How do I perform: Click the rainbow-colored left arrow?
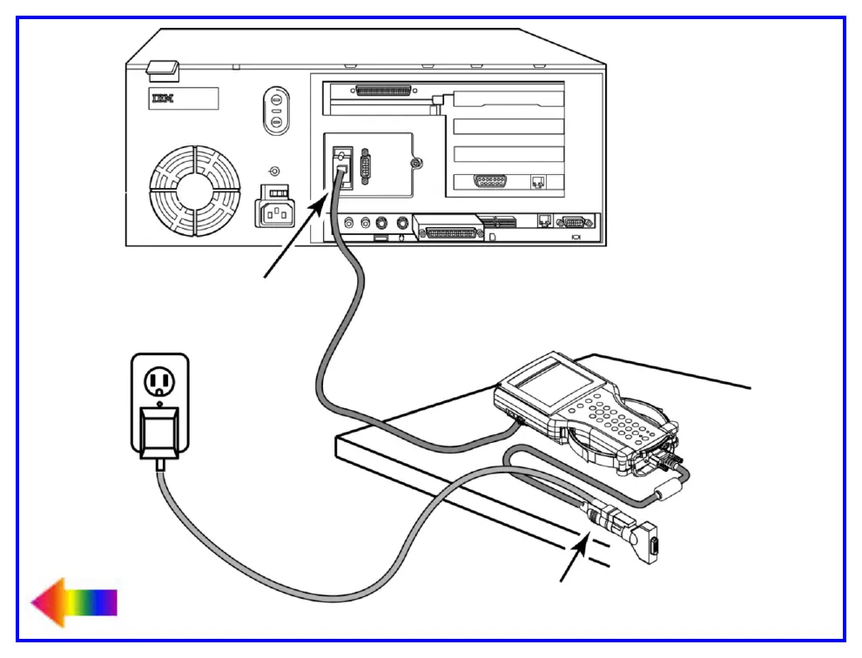pos(73,601)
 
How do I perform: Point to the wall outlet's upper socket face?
pos(159,381)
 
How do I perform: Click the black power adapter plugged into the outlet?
pos(158,433)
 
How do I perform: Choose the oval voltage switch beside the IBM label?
pos(275,111)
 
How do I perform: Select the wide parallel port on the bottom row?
pos(449,232)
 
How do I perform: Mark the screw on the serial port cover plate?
pos(418,163)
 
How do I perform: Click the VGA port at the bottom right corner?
pos(572,221)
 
